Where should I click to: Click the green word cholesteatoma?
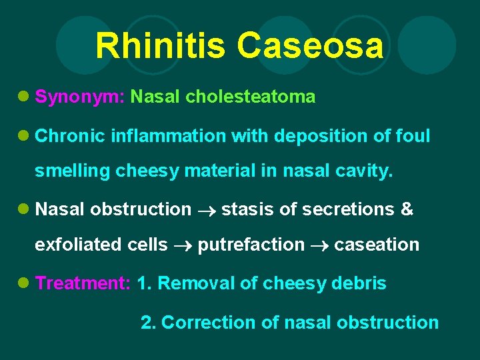click(x=251, y=97)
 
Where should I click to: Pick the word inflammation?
click(x=169, y=137)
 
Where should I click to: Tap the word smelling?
click(x=73, y=171)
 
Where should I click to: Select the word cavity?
click(x=365, y=171)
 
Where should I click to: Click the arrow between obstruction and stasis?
click(x=206, y=211)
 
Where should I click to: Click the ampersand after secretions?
click(x=407, y=210)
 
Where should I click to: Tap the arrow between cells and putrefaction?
click(x=183, y=245)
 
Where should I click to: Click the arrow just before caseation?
click(x=319, y=245)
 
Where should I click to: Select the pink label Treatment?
click(x=83, y=283)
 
